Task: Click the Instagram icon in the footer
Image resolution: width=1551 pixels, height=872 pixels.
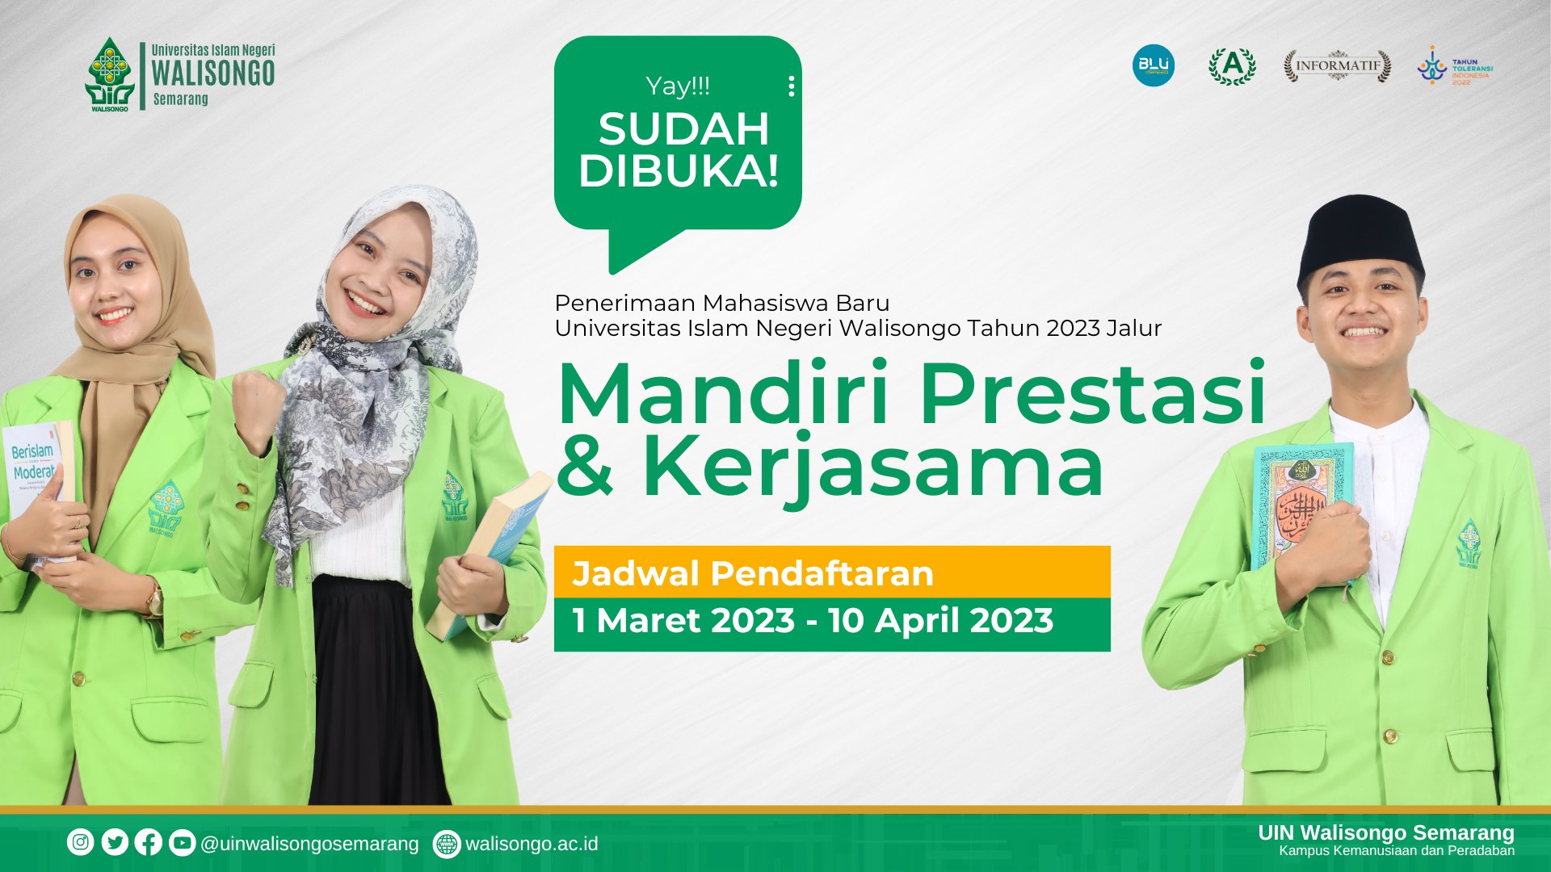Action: tap(81, 842)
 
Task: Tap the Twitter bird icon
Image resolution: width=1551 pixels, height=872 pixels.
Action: tap(115, 842)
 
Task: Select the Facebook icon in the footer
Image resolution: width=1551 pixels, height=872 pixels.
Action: tap(149, 842)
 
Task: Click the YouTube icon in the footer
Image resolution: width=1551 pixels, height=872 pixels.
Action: tap(183, 842)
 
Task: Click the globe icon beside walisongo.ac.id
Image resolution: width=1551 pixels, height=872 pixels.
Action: tap(447, 844)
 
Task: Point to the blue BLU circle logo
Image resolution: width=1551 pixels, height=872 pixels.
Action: tap(1154, 65)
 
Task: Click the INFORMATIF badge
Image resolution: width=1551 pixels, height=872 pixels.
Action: tap(1338, 66)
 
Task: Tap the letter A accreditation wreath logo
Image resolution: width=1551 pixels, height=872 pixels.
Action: tap(1232, 65)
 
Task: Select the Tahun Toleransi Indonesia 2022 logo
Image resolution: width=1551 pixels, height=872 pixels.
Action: tap(1454, 66)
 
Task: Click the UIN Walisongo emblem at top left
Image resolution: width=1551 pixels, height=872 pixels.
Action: tap(110, 73)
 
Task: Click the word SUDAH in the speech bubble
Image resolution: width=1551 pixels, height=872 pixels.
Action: tap(683, 129)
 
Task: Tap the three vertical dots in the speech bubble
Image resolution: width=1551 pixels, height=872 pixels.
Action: tap(792, 86)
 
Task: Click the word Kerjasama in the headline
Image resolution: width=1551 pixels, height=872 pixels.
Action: tap(872, 467)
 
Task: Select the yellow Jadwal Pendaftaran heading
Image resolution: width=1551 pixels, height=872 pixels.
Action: tap(753, 573)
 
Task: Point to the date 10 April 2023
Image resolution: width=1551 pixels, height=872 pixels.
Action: tap(941, 621)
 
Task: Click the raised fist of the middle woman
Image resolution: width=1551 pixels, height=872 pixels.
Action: tap(257, 408)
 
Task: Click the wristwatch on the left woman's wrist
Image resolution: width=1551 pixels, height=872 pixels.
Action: tap(153, 599)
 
